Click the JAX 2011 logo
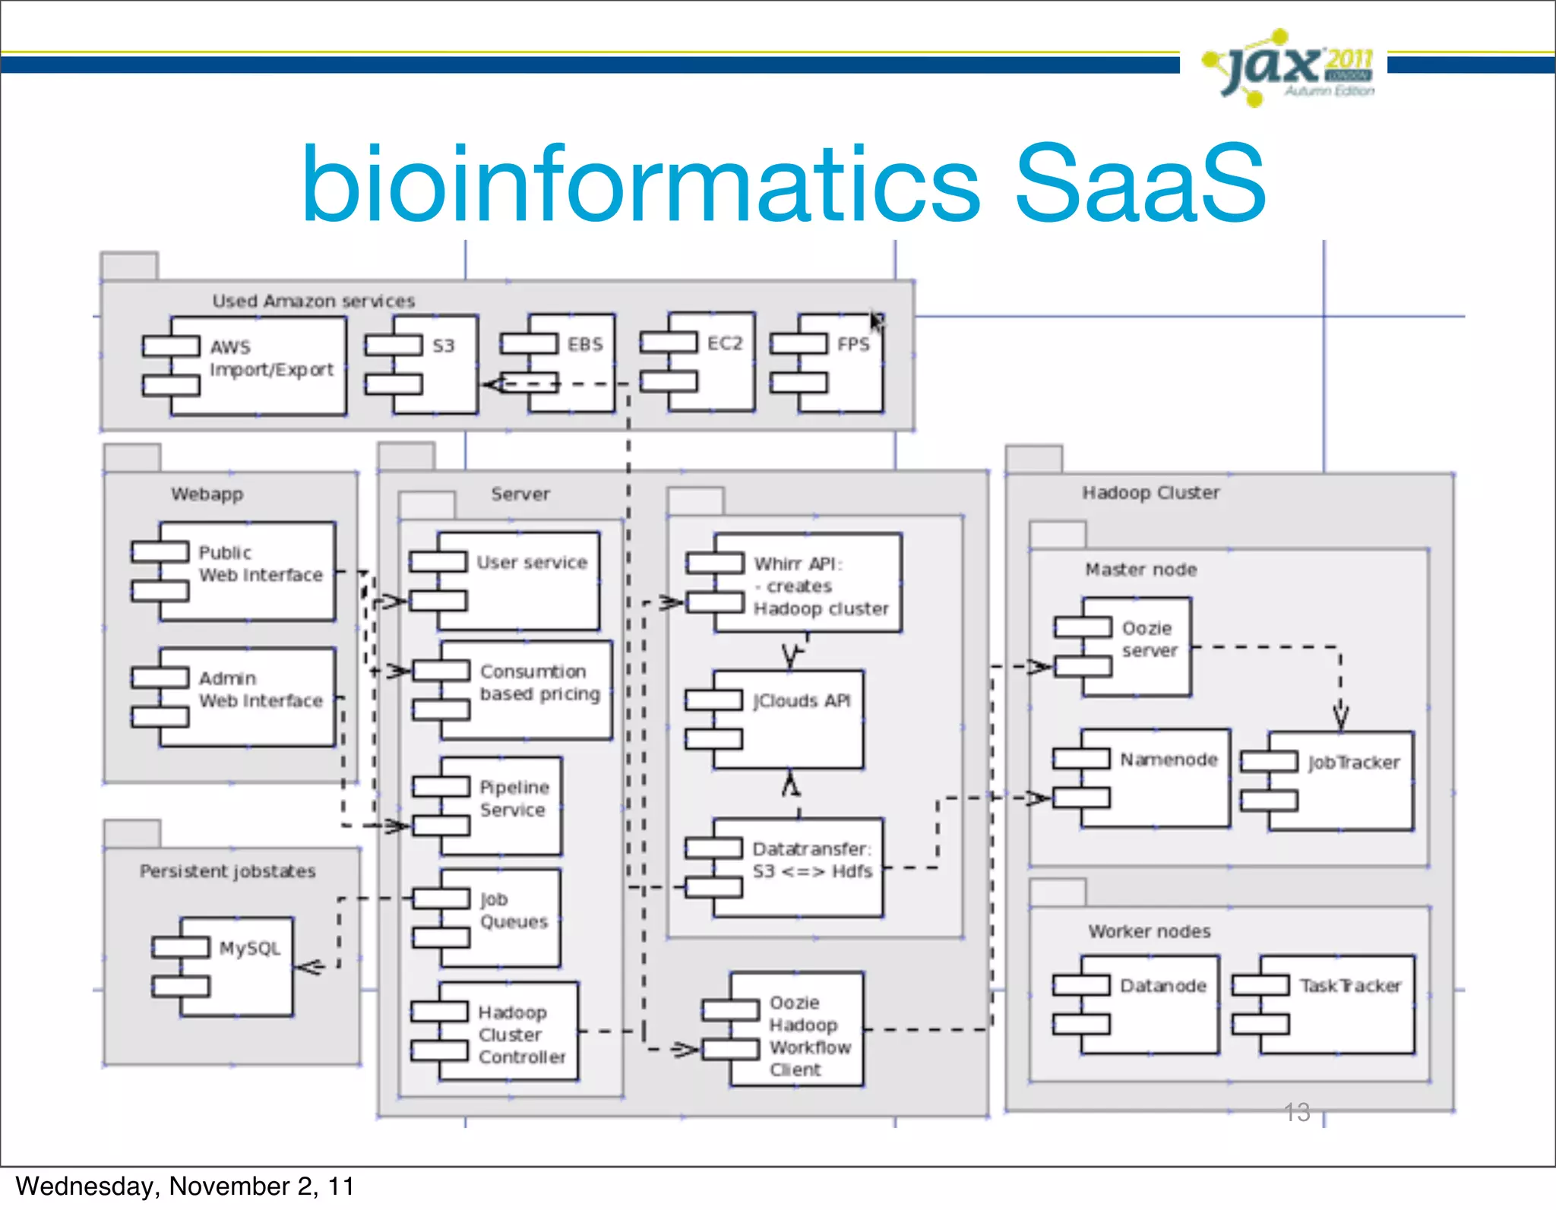pyautogui.click(x=1290, y=68)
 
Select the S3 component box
pyautogui.click(x=435, y=365)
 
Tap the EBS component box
pyautogui.click(x=571, y=363)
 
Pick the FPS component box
pyautogui.click(x=840, y=363)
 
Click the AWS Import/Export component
pyautogui.click(x=258, y=366)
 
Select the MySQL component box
pyautogui.click(x=236, y=966)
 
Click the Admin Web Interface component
pyautogui.click(x=247, y=697)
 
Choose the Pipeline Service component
pyautogui.click(x=501, y=806)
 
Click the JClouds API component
pyautogui.click(x=788, y=719)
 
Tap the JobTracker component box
pyautogui.click(x=1341, y=781)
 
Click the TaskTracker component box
pyautogui.click(x=1337, y=1004)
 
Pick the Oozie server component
pyautogui.click(x=1137, y=646)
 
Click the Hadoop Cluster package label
pyautogui.click(x=1150, y=492)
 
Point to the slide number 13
pyautogui.click(x=1297, y=1111)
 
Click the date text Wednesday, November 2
pyautogui.click(x=185, y=1186)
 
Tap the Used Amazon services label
pyautogui.click(x=313, y=301)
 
